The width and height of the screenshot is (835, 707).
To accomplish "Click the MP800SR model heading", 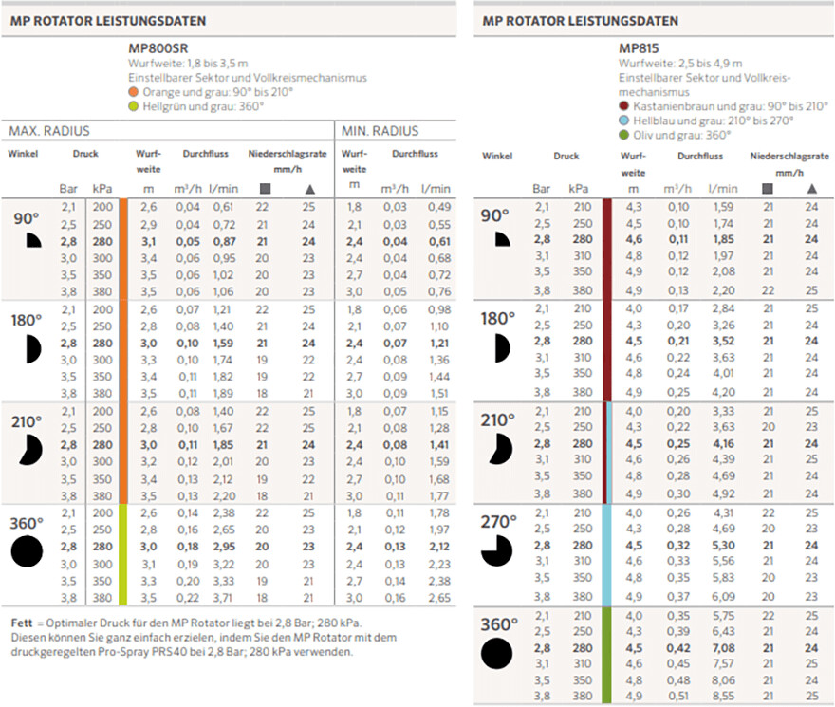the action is (x=158, y=48).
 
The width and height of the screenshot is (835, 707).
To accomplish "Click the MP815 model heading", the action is (x=639, y=48).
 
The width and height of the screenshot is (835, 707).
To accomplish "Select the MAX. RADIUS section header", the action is (x=49, y=131).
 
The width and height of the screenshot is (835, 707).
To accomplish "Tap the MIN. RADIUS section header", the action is (x=380, y=131).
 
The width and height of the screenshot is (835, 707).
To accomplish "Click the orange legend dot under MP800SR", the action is (x=133, y=92).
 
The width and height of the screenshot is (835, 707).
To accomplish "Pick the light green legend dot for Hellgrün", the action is (x=133, y=106).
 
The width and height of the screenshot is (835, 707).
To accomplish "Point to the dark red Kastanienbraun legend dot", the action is (x=623, y=106).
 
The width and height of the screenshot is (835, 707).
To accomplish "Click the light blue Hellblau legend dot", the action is (x=623, y=121).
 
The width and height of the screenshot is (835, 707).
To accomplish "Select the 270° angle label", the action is (x=498, y=522).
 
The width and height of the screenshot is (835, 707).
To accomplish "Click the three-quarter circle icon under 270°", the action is (x=497, y=551).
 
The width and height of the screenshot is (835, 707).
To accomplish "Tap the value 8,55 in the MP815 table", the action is (x=723, y=696).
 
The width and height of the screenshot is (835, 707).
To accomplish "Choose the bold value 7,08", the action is (x=723, y=648).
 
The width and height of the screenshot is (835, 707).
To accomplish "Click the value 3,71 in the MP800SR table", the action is (x=223, y=598).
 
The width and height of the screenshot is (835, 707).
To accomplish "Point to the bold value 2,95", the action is (x=224, y=547).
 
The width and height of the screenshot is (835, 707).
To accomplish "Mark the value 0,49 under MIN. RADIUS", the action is (x=439, y=207).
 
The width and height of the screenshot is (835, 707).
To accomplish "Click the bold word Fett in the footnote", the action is (x=22, y=623).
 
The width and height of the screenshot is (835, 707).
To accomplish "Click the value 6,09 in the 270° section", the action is (x=723, y=597).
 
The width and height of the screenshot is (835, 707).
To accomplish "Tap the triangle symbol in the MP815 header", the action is (x=811, y=189).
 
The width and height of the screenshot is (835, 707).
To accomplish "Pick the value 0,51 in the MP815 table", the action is (x=677, y=696).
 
